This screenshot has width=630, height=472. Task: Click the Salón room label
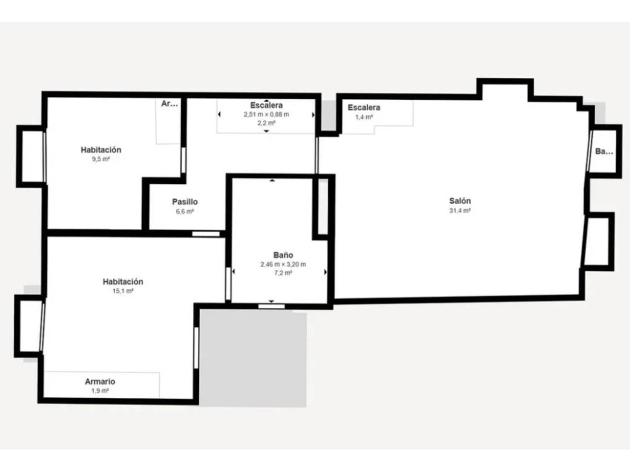pos(460,201)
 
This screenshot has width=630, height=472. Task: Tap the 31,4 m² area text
pos(460,210)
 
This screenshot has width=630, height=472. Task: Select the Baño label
pos(283,255)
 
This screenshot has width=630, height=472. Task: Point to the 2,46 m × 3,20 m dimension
pos(283,264)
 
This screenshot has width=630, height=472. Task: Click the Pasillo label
pos(185,202)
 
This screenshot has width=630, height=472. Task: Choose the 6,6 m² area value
pos(185,212)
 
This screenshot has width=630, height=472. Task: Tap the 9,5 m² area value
pos(101,159)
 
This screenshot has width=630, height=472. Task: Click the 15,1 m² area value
pos(123,291)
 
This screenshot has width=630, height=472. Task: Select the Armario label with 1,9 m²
pos(100,382)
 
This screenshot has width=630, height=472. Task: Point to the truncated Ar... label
pos(169,104)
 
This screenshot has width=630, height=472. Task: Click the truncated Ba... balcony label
pos(604,151)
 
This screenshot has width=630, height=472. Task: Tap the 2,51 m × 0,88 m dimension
pos(266,115)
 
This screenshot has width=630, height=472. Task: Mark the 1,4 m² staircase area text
pos(364,117)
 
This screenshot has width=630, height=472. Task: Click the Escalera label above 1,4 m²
pos(364,108)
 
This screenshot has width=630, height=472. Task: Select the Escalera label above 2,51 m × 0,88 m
pos(266,105)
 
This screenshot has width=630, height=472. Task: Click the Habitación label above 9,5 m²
pos(101,150)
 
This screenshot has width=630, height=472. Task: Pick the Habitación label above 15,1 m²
pos(123,282)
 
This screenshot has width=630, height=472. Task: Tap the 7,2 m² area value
pos(283,273)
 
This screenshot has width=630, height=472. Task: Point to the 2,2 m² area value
pos(266,123)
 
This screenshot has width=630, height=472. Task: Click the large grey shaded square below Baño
pos(253,358)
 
